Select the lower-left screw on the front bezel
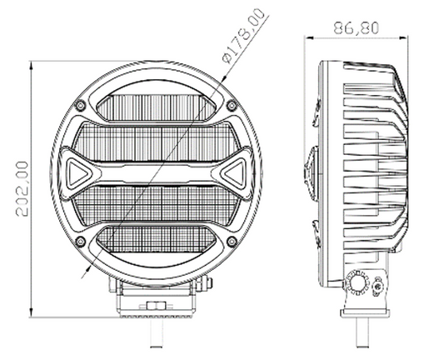80,242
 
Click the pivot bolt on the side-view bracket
359,286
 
